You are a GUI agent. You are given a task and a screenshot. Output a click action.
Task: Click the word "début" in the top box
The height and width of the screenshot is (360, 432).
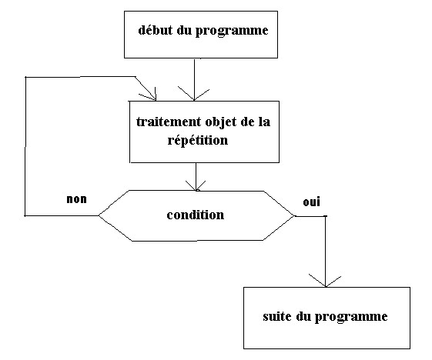155,29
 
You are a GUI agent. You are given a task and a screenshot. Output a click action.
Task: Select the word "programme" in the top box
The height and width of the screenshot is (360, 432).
232,31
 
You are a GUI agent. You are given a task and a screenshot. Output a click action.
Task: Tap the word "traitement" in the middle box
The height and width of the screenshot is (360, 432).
169,122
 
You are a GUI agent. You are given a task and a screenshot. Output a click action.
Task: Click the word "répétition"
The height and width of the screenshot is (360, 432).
198,139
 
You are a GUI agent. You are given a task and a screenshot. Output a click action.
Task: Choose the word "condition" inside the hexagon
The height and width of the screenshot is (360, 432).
196,215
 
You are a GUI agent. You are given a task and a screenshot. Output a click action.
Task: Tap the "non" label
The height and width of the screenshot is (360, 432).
76,199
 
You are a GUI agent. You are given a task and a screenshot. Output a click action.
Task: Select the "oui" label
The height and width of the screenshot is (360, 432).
311,202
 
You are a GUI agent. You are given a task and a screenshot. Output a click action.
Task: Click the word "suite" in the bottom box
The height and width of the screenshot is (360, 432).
277,316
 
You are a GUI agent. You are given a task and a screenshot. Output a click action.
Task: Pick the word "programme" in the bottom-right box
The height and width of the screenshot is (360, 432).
351,317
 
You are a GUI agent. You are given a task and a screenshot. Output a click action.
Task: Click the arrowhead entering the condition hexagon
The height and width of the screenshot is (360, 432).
196,186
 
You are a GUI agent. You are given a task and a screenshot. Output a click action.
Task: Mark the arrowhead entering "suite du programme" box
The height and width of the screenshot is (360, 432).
326,281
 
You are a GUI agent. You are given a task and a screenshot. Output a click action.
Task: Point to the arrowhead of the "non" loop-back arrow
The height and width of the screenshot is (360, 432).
149,95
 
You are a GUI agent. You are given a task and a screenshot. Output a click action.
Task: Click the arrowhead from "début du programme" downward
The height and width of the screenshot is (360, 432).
194,94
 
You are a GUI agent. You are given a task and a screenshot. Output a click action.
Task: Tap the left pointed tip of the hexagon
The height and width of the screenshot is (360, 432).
99,215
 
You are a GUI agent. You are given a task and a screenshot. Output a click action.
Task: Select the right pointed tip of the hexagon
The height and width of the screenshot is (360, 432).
294,216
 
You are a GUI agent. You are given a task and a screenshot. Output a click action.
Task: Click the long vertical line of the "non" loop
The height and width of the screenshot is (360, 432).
25,146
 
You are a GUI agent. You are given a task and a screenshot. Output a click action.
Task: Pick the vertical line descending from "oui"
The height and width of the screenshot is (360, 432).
326,251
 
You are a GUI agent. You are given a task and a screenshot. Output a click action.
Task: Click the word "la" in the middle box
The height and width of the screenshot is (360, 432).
264,122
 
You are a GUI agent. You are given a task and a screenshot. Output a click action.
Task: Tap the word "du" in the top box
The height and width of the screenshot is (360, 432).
184,30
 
